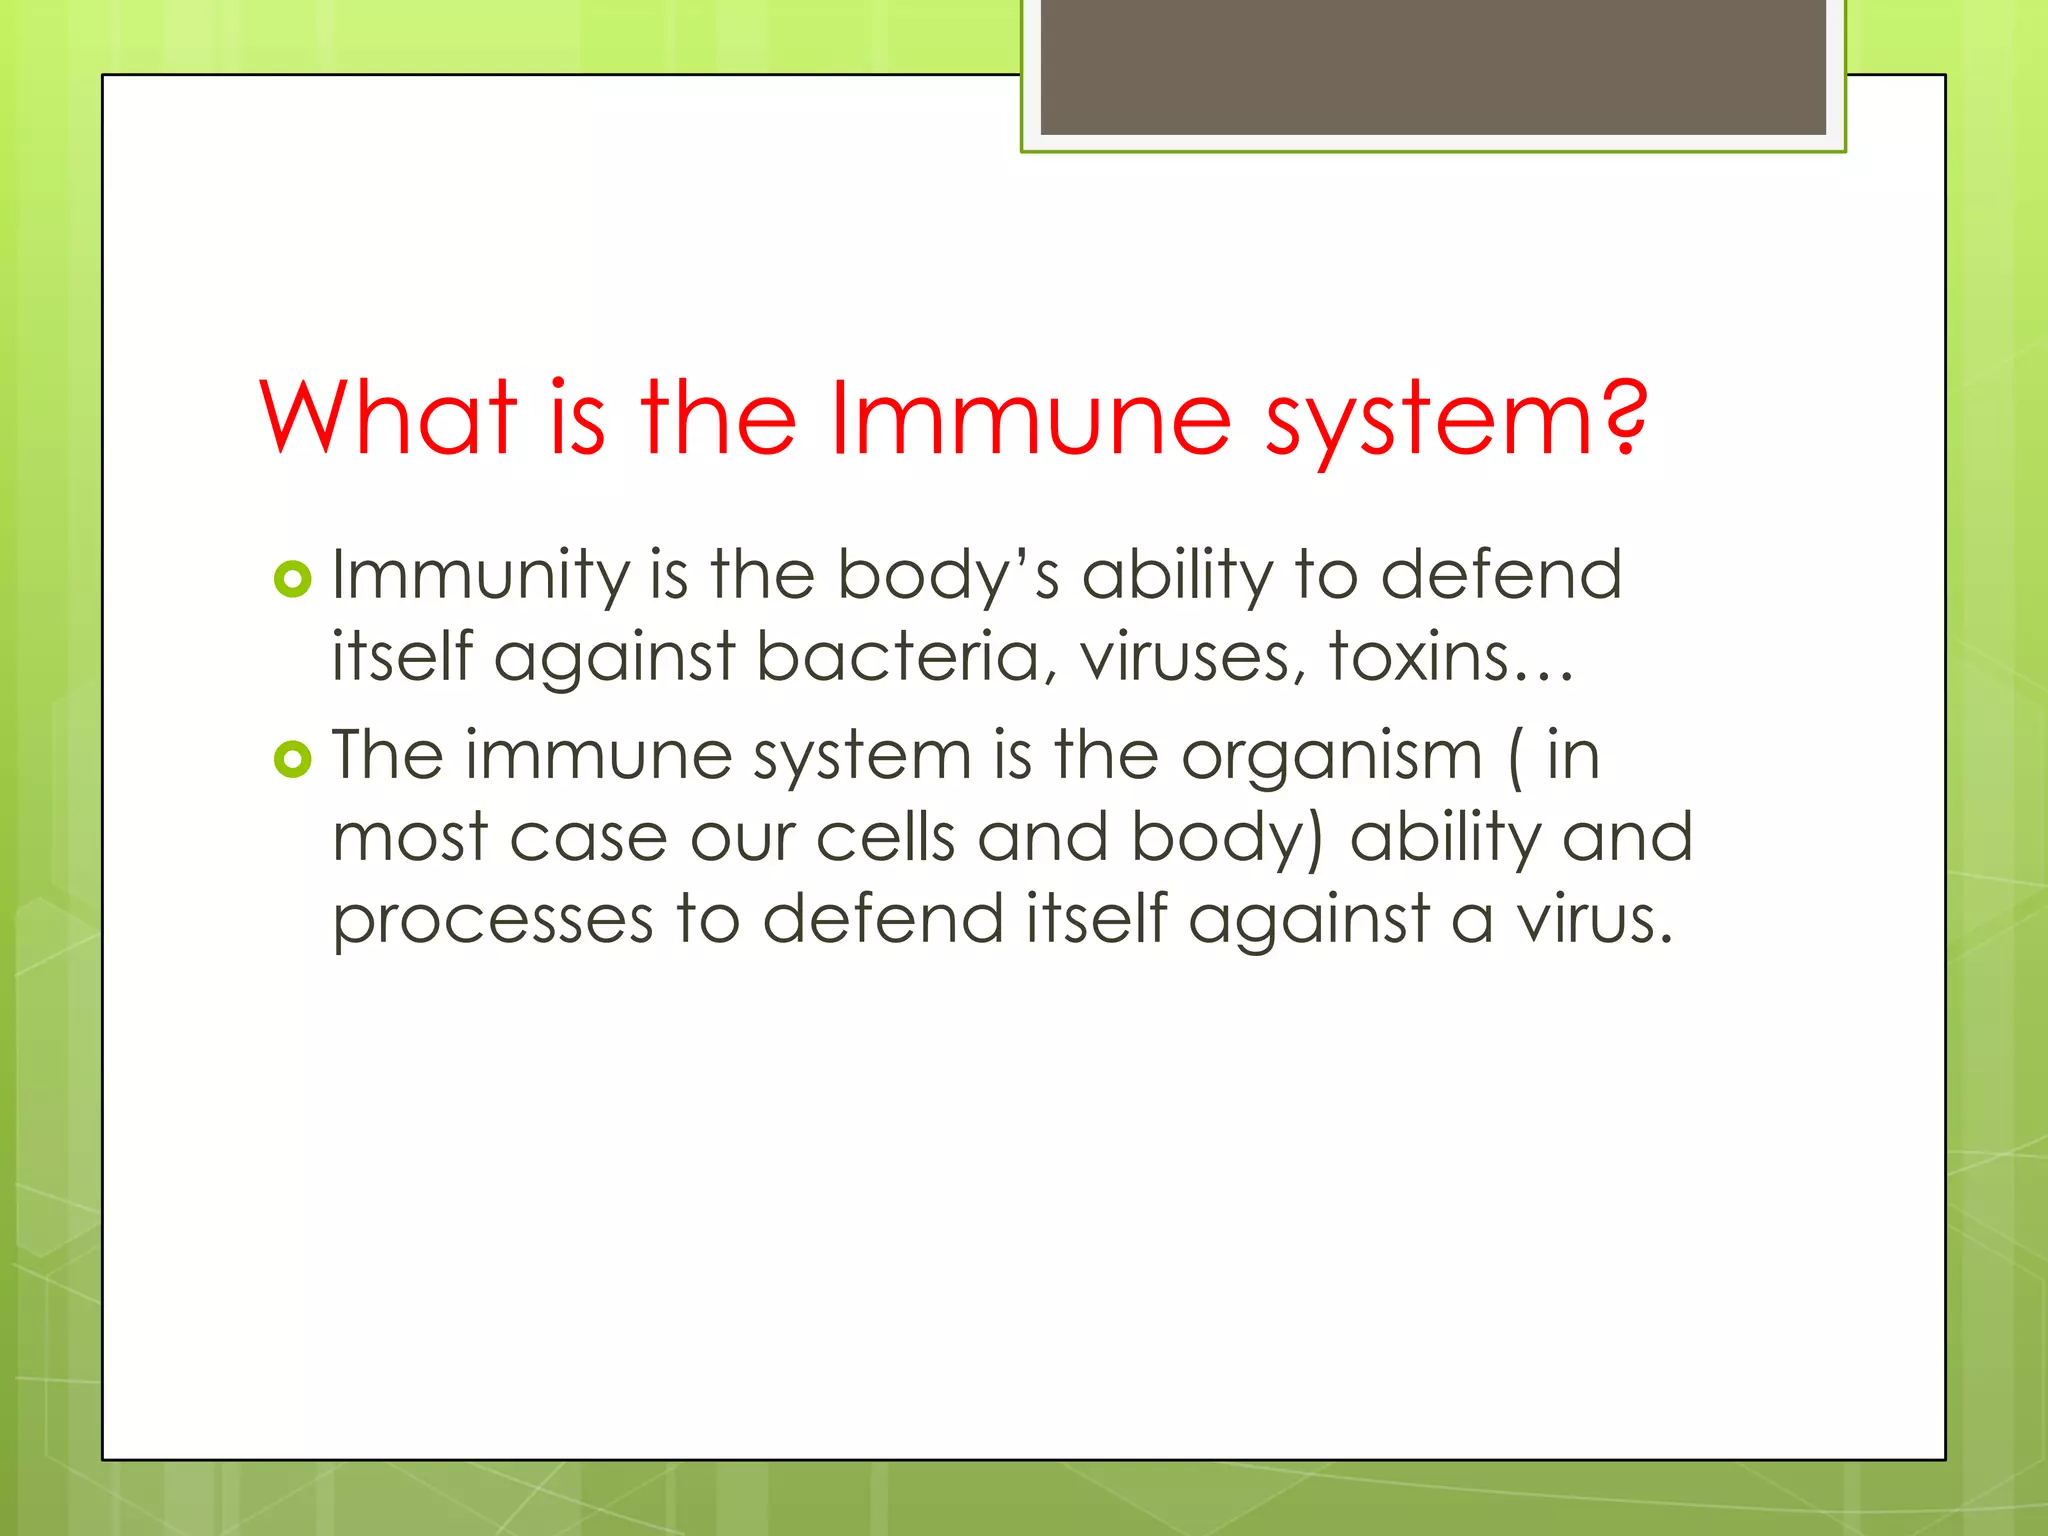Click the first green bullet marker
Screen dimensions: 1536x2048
tap(293, 579)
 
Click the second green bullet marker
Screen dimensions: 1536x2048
tap(293, 760)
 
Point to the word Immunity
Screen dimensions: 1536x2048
tap(481, 577)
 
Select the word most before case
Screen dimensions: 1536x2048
tap(410, 839)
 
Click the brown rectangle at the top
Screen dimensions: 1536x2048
tap(1432, 66)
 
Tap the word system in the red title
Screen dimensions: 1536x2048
tap(1425, 420)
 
